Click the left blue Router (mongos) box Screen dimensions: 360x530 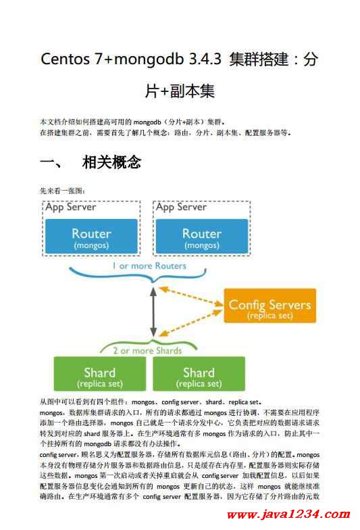[91, 236]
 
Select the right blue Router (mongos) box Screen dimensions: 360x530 [201, 236]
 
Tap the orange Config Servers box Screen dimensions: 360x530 [270, 306]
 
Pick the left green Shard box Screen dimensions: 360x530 [100, 373]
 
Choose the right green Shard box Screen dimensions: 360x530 [199, 373]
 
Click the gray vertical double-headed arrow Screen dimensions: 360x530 [153, 312]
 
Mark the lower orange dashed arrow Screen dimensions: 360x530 [190, 323]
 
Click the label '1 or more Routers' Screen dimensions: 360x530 [149, 266]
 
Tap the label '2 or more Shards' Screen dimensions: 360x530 [147, 350]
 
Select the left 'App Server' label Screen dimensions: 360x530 [70, 207]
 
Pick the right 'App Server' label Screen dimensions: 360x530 [181, 207]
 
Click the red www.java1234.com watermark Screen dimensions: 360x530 [288, 514]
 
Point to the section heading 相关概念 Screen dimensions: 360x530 [111, 162]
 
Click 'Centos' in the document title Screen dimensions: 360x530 [65, 59]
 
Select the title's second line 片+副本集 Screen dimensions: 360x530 [180, 91]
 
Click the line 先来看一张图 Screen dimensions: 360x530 [62, 191]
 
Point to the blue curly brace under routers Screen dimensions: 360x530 [138, 275]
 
